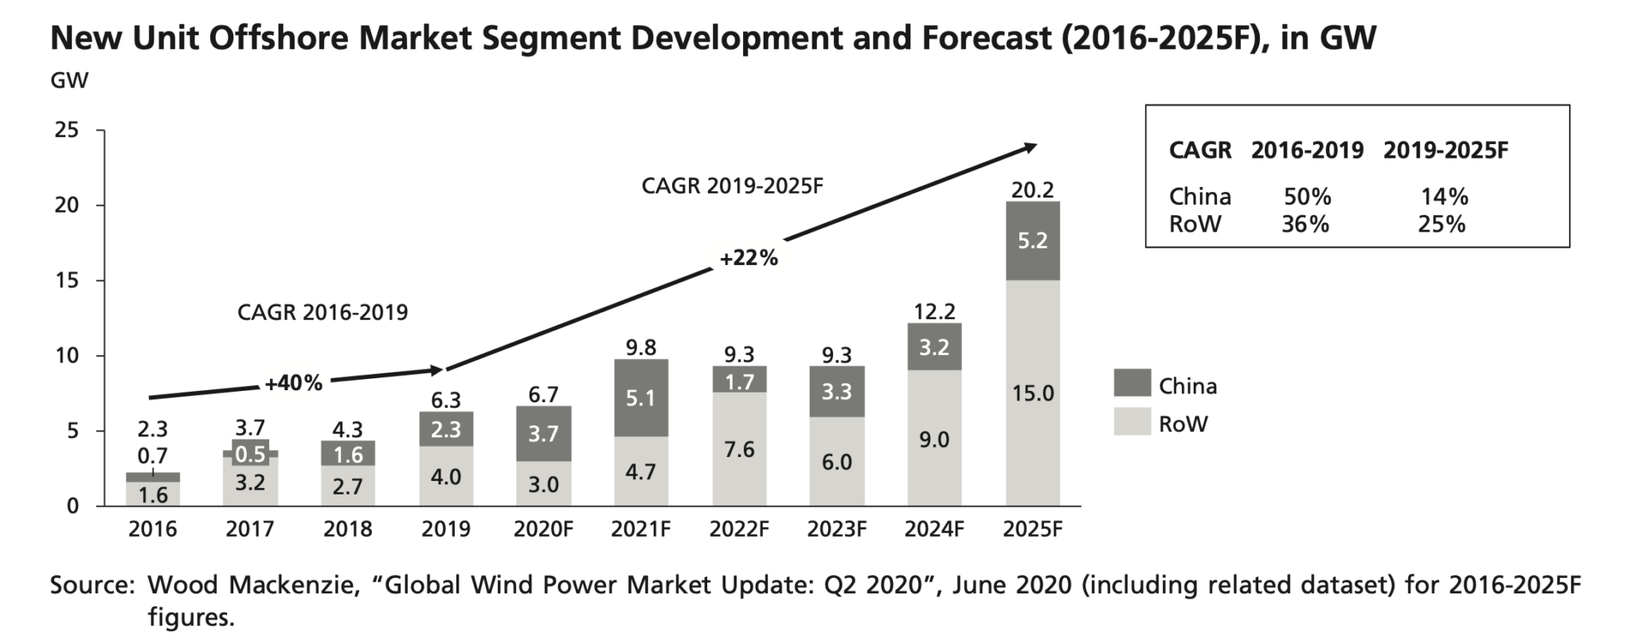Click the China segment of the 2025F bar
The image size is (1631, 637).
(x=1032, y=240)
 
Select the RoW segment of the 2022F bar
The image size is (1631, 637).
(x=739, y=449)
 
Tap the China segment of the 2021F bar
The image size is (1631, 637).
(x=640, y=397)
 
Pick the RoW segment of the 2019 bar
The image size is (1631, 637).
(x=446, y=476)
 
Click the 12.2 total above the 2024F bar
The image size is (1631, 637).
(x=934, y=311)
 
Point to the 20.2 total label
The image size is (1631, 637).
(x=1032, y=190)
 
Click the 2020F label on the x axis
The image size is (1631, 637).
(x=543, y=530)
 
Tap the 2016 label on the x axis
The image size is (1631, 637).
(x=152, y=530)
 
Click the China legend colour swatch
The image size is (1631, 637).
(x=1132, y=383)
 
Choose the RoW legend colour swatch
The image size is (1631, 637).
(x=1132, y=421)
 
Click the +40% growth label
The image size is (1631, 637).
(x=294, y=384)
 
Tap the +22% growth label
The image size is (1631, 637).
(x=749, y=259)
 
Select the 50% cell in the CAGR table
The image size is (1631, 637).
(x=1307, y=197)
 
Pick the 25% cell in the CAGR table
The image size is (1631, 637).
(x=1441, y=224)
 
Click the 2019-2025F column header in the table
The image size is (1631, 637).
(x=1445, y=150)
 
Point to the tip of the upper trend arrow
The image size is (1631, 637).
(x=1036, y=144)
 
